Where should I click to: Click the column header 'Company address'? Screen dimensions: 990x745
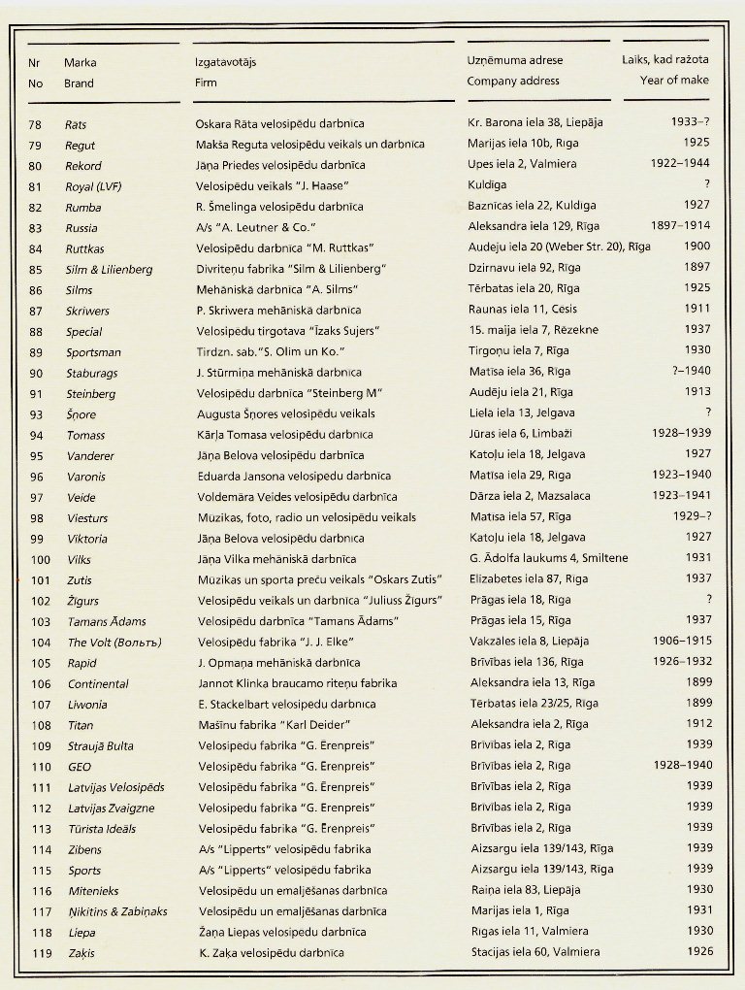[513, 82]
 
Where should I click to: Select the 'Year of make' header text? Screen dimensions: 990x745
[673, 81]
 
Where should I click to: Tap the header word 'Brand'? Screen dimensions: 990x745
[79, 83]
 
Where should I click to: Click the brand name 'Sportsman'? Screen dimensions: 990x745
[94, 352]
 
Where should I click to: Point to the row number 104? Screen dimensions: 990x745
[40, 643]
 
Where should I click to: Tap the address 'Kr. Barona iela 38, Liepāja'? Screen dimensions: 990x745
[535, 124]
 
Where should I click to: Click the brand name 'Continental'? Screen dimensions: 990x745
[98, 683]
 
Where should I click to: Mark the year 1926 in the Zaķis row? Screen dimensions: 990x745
[697, 951]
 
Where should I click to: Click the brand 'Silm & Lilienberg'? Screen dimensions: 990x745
[109, 270]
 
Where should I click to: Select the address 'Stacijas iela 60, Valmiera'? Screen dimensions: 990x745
[535, 952]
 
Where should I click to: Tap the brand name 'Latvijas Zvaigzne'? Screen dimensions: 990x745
[111, 808]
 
